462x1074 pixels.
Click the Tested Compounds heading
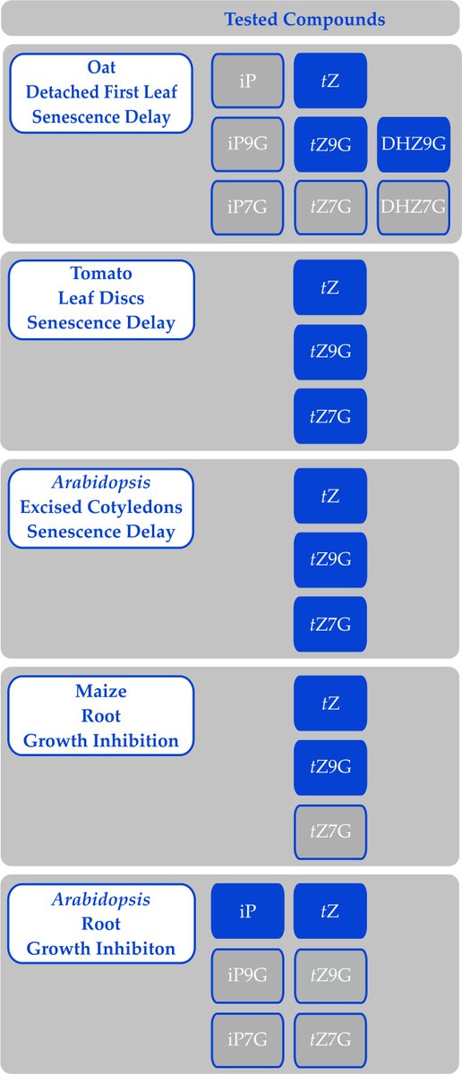[x=304, y=19]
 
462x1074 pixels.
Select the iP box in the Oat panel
[x=248, y=80]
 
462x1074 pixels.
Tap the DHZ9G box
[x=414, y=144]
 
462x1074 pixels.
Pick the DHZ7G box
[x=414, y=208]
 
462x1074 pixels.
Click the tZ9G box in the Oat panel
[x=330, y=144]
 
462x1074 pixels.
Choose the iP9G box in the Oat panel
[x=248, y=144]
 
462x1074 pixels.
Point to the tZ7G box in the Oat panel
[x=330, y=208]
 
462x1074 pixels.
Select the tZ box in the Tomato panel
[x=330, y=287]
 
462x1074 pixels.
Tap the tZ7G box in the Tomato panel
[x=330, y=416]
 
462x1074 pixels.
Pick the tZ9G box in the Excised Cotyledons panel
[x=330, y=559]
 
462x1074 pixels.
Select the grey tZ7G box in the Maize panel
[x=330, y=832]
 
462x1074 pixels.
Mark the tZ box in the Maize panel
[x=330, y=703]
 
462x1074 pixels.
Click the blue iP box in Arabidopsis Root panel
[x=248, y=911]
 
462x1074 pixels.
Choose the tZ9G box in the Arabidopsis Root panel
[x=330, y=976]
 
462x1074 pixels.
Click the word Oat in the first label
[x=101, y=68]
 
